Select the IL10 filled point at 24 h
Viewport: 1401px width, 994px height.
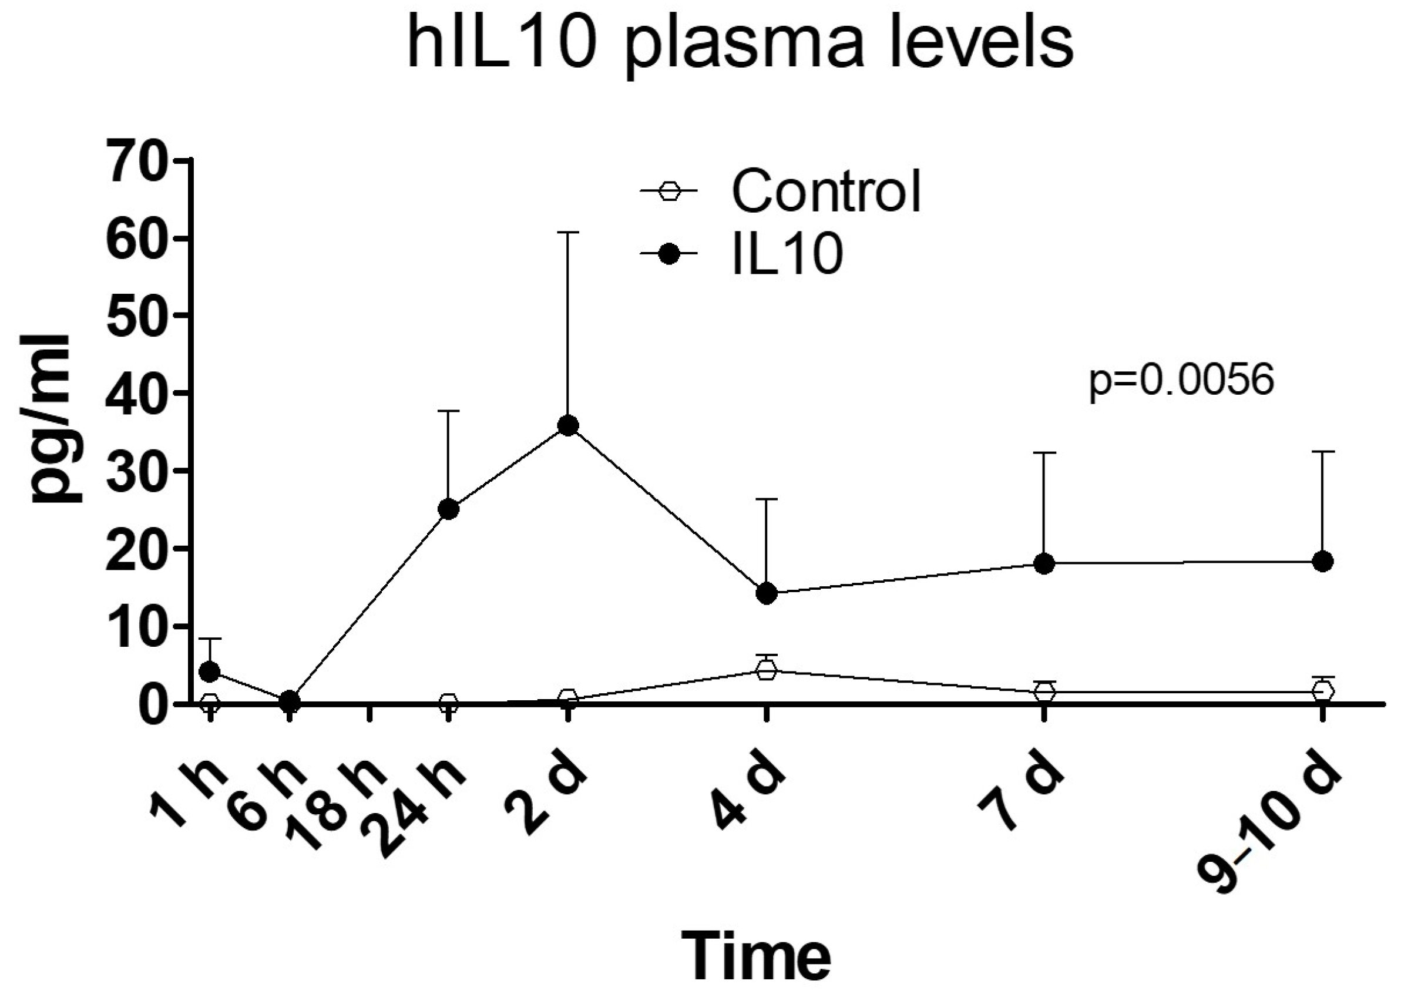tap(449, 509)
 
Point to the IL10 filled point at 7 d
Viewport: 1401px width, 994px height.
tap(1044, 564)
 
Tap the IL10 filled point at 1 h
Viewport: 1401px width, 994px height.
tap(210, 672)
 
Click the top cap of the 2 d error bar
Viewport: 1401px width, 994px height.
tap(568, 233)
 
